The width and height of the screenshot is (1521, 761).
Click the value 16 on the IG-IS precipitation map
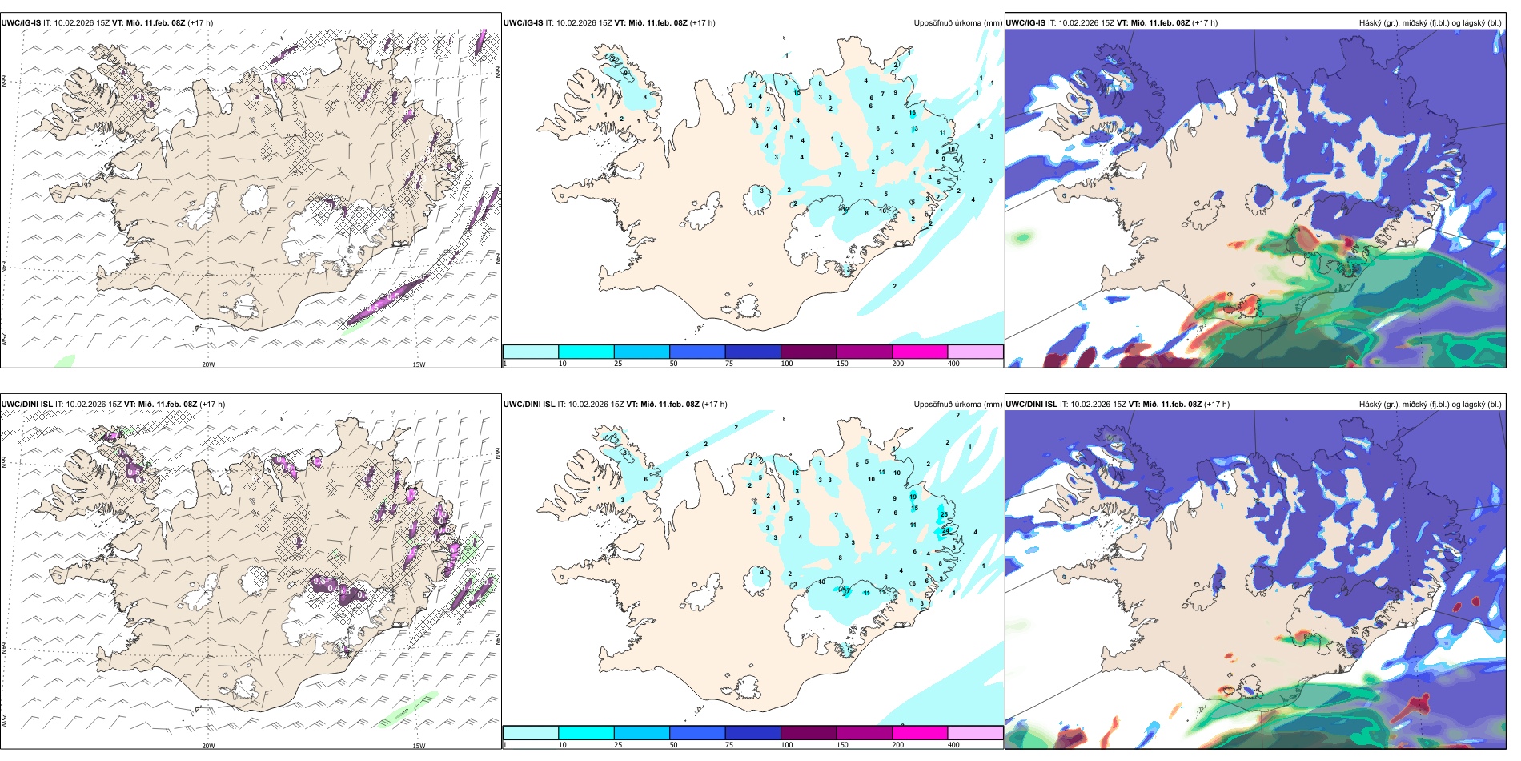[912, 113]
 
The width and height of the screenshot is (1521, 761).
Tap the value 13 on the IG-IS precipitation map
[914, 128]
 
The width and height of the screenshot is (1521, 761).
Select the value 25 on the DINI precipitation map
[945, 514]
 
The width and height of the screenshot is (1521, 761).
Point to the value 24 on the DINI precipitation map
[945, 531]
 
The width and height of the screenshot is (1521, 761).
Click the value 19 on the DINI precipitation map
[913, 497]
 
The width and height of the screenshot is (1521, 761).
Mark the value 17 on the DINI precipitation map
[847, 591]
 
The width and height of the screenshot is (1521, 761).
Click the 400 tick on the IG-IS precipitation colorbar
[953, 364]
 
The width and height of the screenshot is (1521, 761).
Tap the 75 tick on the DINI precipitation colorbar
[729, 745]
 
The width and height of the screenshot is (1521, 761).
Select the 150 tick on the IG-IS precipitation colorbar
[842, 364]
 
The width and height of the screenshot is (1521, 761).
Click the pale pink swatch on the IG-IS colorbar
[975, 352]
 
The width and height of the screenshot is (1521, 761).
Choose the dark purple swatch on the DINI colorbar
[808, 732]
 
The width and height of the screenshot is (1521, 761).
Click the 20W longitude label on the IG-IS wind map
[208, 364]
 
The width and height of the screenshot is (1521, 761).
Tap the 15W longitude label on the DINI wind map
[419, 746]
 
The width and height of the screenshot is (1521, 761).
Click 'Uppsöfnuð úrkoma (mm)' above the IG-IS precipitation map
[957, 23]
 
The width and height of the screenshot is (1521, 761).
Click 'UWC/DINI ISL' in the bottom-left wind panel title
[27, 405]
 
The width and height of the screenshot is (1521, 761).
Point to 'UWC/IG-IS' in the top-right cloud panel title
[1025, 23]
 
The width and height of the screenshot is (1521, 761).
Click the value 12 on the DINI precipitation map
[795, 473]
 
